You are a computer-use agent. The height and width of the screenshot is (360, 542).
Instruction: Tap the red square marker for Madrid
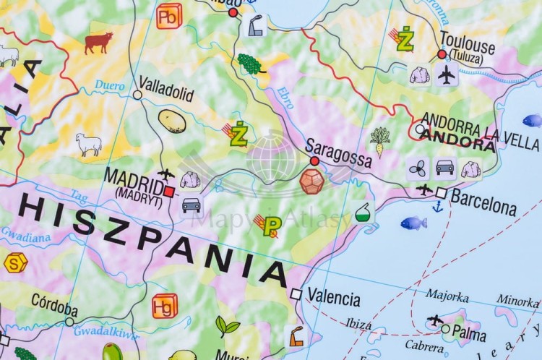coord(169,192)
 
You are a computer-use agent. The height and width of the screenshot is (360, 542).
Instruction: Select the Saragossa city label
coord(338,151)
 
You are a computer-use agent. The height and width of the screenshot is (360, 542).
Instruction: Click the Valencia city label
coord(333,297)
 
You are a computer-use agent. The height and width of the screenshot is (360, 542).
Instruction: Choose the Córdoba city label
coord(54,302)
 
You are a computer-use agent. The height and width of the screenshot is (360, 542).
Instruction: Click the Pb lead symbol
coord(169,15)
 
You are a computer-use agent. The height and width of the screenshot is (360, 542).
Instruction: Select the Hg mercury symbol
coord(165,306)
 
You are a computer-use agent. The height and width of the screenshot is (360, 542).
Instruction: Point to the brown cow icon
coord(98,43)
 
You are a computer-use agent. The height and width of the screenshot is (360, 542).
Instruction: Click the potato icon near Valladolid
coord(172,121)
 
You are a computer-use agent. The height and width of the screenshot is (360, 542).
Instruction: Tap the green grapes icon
coord(250,64)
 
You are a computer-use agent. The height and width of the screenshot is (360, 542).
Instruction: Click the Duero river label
coord(109,85)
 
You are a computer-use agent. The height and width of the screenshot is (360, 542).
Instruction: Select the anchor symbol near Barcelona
coord(437,206)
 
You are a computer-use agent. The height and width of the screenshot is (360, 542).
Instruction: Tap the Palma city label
coord(470,334)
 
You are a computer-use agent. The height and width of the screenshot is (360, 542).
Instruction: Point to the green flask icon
coord(364,213)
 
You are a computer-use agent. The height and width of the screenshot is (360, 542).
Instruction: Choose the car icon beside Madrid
coord(191,205)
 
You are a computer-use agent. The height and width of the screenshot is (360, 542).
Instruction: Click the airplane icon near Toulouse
coord(446,74)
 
